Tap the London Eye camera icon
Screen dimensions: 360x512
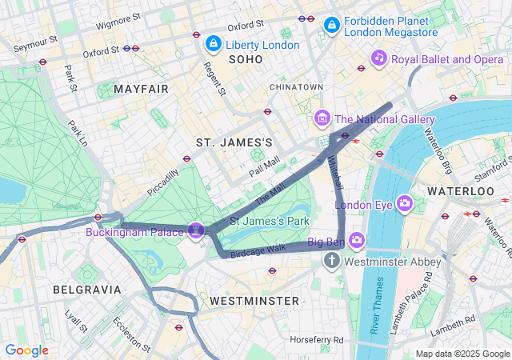coord(404,204)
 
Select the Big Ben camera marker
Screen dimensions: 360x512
coord(356,240)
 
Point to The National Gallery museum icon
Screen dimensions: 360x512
coord(322,119)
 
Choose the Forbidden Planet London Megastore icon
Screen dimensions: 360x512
coord(331,26)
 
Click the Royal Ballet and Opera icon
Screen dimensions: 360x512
coord(379,58)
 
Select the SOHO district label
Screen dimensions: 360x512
coord(245,60)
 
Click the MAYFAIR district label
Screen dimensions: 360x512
coord(141,88)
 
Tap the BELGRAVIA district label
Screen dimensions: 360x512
coord(86,289)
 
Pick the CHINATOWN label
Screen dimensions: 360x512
coord(296,86)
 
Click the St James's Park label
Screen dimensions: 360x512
coord(270,220)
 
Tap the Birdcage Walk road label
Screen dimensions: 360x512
coord(258,249)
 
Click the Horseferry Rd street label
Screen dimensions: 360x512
coord(317,340)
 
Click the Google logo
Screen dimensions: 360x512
coord(27,350)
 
